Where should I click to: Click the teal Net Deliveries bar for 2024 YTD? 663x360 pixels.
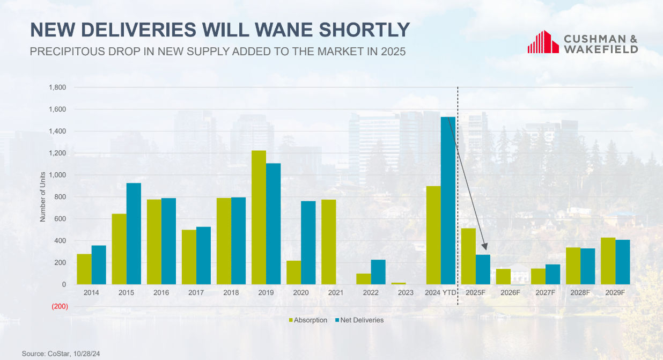[448, 201]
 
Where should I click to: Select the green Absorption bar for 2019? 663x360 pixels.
[259, 217]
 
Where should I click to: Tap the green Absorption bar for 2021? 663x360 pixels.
[328, 242]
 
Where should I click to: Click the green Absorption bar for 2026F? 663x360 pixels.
[503, 277]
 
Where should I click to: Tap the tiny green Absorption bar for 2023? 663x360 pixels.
[399, 283]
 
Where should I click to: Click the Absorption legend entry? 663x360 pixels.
[308, 320]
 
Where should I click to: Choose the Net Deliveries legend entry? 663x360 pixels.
[359, 320]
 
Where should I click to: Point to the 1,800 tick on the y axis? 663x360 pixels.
[57, 87]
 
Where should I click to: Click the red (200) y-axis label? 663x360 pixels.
[60, 307]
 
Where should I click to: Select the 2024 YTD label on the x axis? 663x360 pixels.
[440, 293]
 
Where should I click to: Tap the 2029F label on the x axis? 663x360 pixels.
[615, 293]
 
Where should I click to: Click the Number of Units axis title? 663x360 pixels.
[43, 197]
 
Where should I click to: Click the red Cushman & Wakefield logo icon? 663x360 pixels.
[543, 42]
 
